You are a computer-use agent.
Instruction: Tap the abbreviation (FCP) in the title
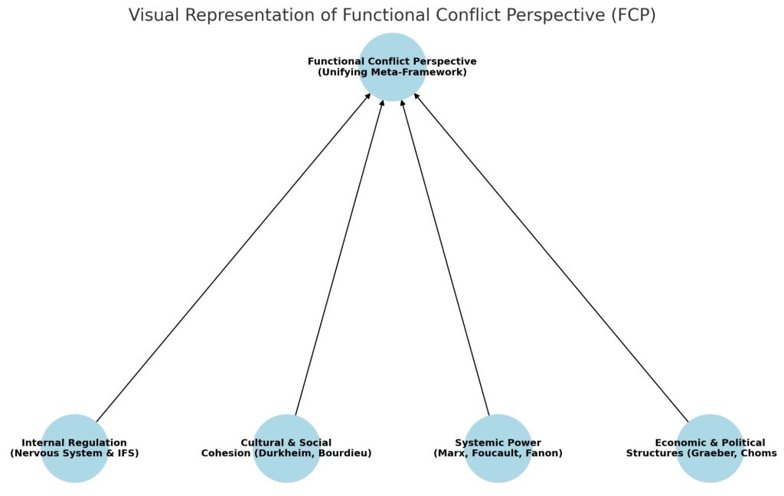(630, 15)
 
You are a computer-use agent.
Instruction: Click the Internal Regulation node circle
(74, 467)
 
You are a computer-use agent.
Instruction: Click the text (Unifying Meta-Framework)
(392, 72)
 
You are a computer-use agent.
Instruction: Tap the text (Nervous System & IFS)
(74, 453)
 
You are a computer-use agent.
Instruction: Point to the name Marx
(450, 453)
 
